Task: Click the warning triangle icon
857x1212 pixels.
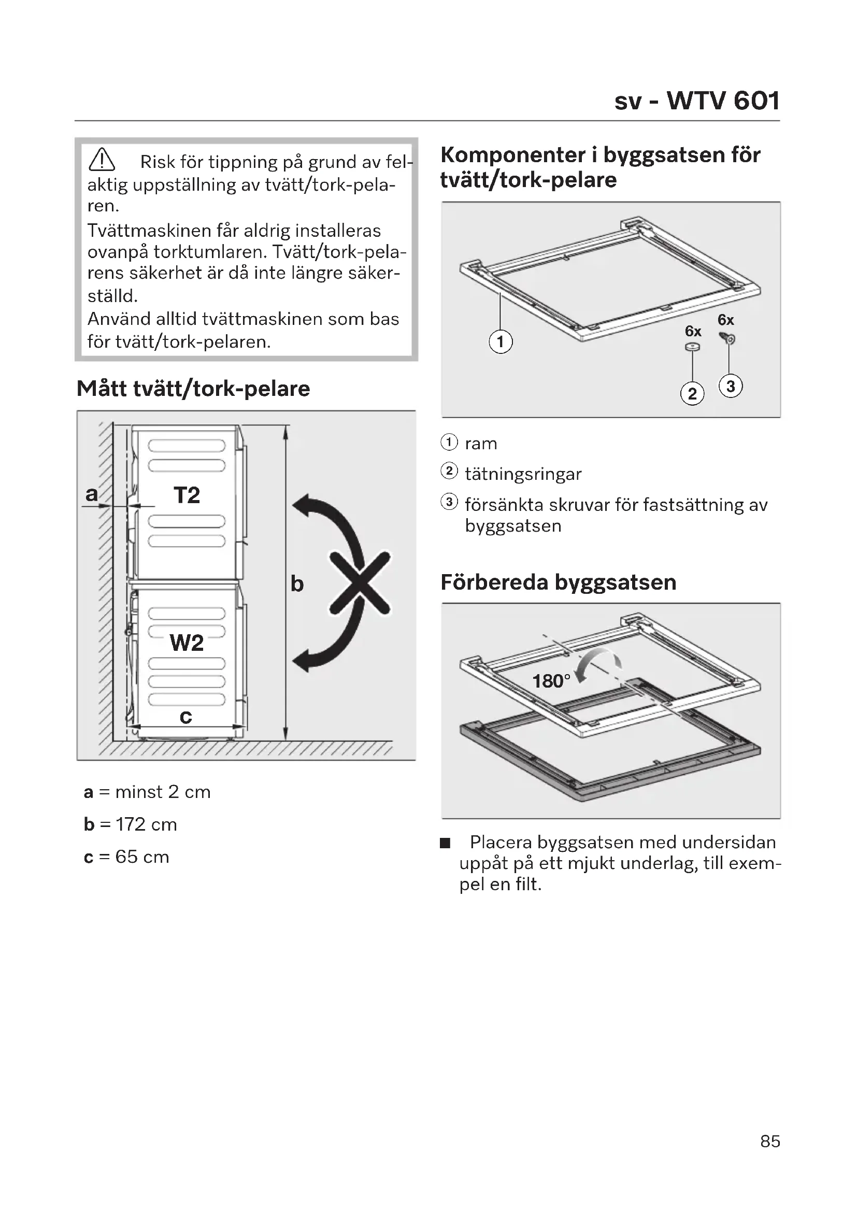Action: pos(102,160)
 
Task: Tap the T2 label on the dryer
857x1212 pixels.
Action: pos(187,495)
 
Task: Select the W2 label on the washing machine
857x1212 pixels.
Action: pos(187,643)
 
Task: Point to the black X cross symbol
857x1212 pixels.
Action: pos(360,583)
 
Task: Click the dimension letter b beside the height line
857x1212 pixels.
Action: pos(297,584)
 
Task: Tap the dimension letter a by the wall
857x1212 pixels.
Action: pos(91,494)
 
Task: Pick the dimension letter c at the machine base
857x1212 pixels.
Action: pos(186,716)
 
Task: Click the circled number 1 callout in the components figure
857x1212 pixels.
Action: pos(501,341)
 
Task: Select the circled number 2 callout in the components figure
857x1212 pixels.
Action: pos(692,394)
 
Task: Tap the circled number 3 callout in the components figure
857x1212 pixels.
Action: pos(731,387)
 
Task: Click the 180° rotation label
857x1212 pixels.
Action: pos(551,681)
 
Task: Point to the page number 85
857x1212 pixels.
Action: pos(770,1141)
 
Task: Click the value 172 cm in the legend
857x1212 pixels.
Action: pos(146,824)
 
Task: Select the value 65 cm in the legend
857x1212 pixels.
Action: pos(142,856)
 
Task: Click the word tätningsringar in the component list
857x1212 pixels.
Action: pos(523,474)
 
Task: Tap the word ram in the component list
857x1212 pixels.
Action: pos(481,444)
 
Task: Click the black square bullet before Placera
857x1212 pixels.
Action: pos(446,843)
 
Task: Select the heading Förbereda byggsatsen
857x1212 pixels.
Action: pos(559,582)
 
